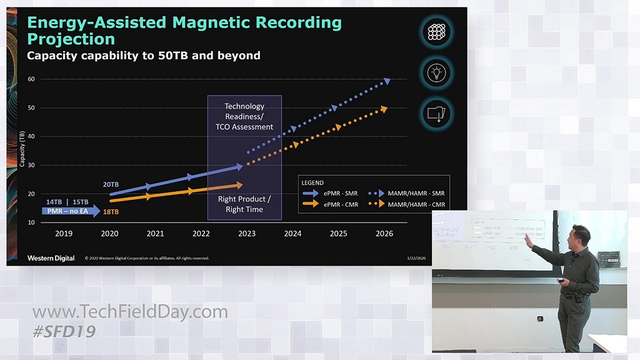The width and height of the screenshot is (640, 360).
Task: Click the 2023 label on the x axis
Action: click(247, 234)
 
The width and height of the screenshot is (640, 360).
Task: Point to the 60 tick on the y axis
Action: click(31, 79)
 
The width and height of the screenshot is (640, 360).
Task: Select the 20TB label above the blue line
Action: click(111, 184)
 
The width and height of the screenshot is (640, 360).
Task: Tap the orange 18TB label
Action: click(110, 212)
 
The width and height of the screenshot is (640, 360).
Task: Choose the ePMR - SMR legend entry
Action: click(331, 193)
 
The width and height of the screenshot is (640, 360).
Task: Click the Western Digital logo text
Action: click(51, 258)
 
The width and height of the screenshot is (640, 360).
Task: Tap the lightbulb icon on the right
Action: click(436, 72)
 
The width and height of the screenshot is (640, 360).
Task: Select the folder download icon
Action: click(436, 114)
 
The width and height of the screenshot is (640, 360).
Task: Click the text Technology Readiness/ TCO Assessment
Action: click(244, 116)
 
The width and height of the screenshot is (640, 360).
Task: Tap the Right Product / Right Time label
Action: click(244, 204)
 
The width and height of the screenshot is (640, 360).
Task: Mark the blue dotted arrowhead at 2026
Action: click(387, 81)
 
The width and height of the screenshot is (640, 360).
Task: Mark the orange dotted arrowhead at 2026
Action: click(384, 109)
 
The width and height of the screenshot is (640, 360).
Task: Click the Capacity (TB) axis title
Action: click(22, 149)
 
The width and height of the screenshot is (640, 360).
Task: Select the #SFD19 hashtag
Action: click(64, 331)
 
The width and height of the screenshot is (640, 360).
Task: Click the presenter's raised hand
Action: click(528, 239)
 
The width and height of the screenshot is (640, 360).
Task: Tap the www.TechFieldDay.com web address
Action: click(130, 312)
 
